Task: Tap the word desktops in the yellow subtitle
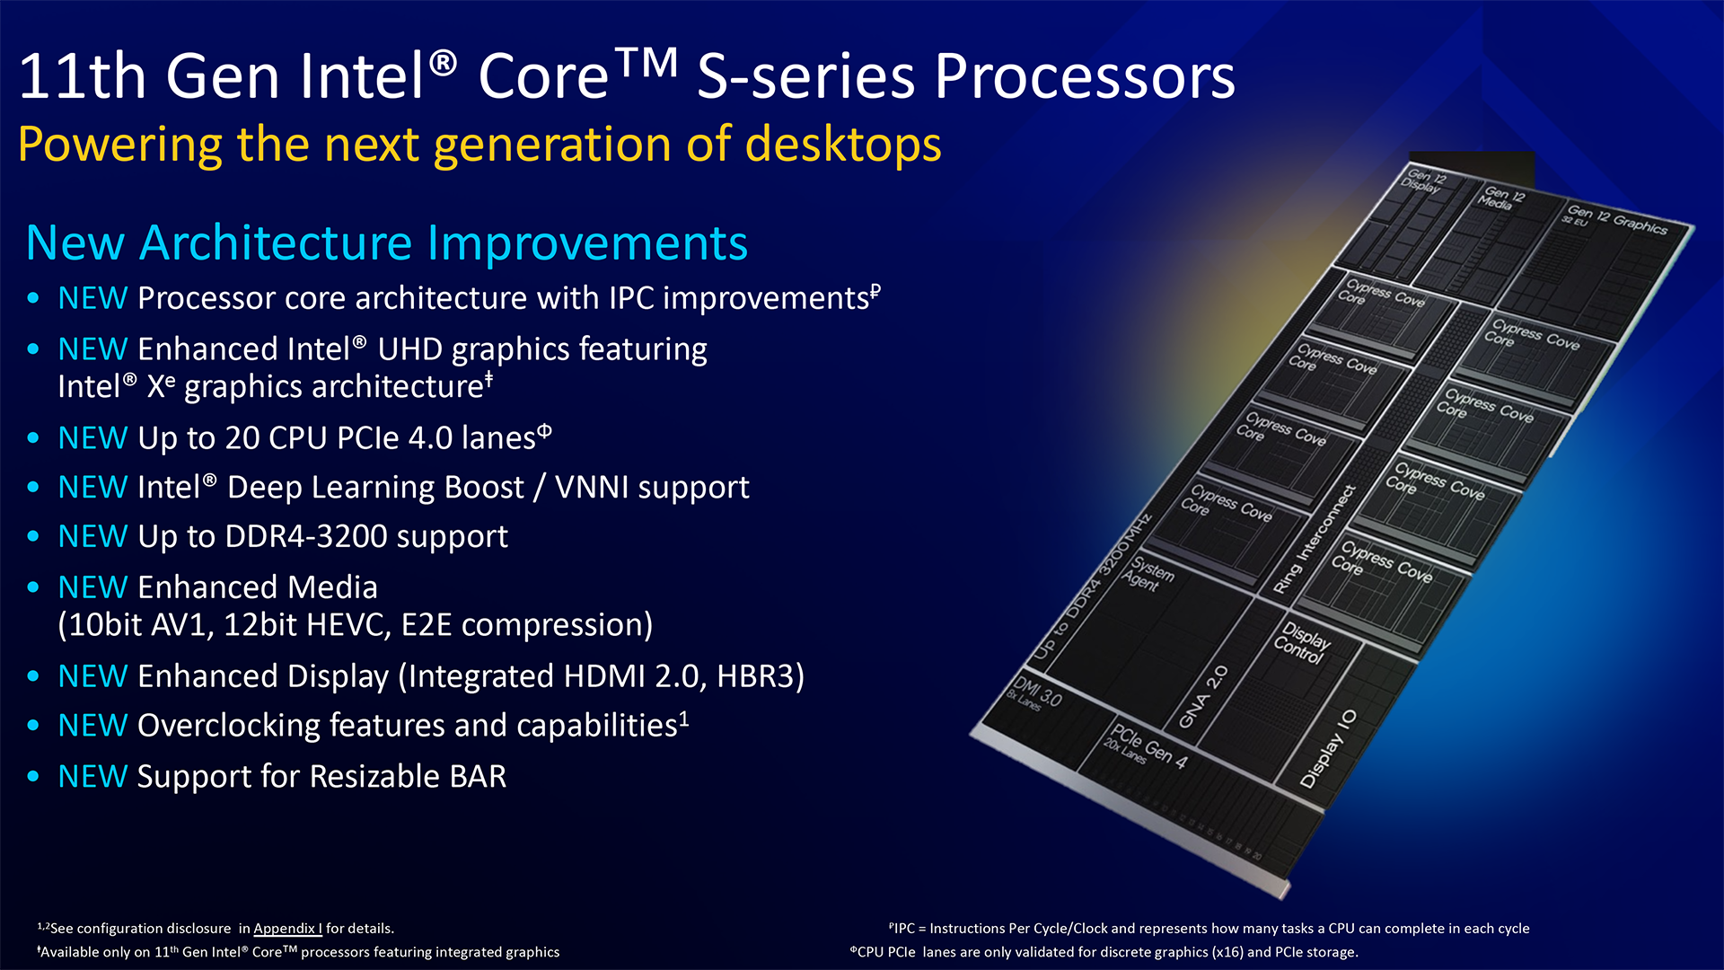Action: (843, 145)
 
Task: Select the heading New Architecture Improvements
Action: (386, 243)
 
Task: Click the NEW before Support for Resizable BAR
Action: (92, 776)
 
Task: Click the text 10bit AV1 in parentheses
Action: (141, 625)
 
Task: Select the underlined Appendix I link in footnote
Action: (287, 929)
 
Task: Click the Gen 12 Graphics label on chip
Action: (1617, 220)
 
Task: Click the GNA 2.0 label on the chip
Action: (1203, 697)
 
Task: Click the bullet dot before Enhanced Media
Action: (33, 587)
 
